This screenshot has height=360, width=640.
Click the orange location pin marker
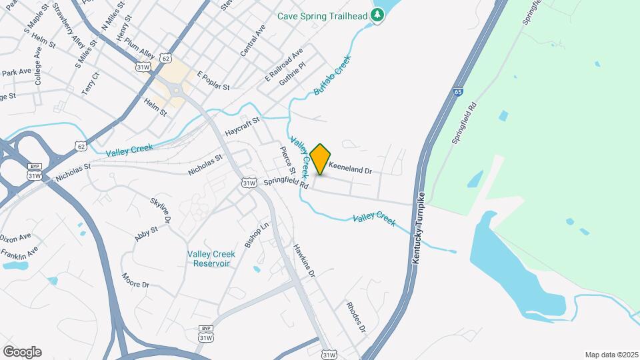(x=321, y=159)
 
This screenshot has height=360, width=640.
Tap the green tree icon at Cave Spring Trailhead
(x=378, y=15)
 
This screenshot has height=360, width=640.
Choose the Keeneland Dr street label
(x=350, y=170)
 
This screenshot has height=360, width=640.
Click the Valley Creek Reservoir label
(x=211, y=259)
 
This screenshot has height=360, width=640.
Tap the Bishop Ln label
(x=256, y=235)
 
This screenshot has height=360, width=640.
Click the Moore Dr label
(x=135, y=280)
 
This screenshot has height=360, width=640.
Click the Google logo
(x=22, y=352)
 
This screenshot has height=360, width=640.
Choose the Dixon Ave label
(x=16, y=237)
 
